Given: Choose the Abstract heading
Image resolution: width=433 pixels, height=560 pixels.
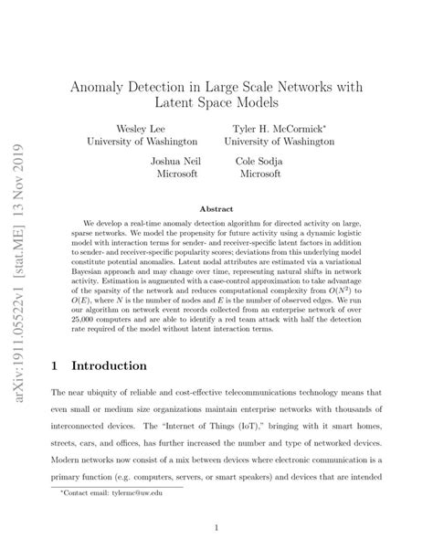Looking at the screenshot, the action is pyautogui.click(x=216, y=208).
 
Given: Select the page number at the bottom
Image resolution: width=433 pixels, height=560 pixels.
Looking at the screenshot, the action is pyautogui.click(x=216, y=527).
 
